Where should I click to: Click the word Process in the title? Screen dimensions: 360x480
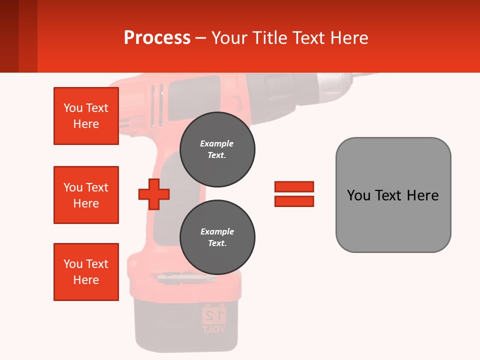point(157,38)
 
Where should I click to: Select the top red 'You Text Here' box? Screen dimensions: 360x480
point(86,116)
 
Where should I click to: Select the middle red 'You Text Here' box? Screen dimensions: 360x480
point(86,195)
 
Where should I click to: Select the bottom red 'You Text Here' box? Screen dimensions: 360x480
point(86,272)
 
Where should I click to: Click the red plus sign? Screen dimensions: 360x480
point(154,194)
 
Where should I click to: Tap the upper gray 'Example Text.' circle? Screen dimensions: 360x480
point(217,149)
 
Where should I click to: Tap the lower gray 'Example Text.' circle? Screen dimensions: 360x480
point(217,237)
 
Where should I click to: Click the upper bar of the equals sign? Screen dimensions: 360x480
point(294,186)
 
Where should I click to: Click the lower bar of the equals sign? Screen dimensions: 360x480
point(294,201)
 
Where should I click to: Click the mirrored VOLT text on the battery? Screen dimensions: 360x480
point(214,329)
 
